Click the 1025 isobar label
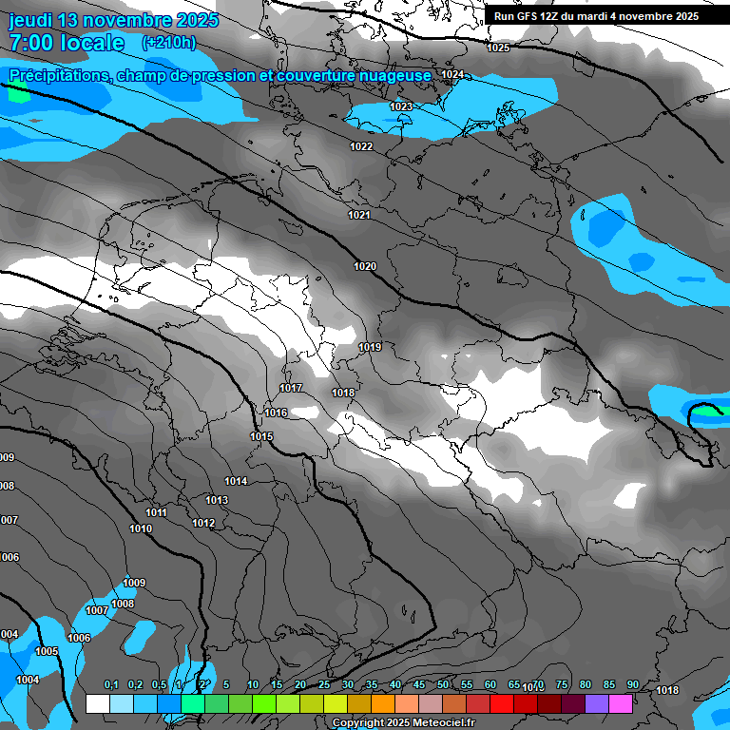498,48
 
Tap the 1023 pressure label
401,106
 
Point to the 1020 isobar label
365,266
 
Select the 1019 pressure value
370,347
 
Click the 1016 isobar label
276,413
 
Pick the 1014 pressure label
236,481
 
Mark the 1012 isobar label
203,523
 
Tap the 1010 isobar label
141,528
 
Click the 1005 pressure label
47,651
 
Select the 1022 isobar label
361,146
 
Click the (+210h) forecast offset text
168,42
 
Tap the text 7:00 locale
67,43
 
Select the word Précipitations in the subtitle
59,76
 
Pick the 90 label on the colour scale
632,684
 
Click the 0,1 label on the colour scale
111,684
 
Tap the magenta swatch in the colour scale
621,703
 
